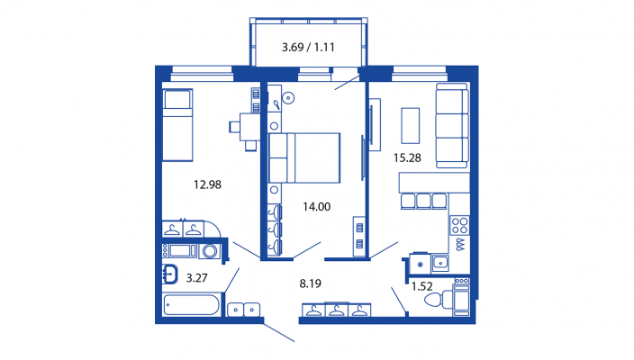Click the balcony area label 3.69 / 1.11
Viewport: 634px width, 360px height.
[x=308, y=48]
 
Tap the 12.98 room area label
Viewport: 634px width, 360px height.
[x=207, y=184]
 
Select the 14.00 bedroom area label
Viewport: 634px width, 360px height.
[x=317, y=207]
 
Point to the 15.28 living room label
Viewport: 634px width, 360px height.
[x=407, y=157]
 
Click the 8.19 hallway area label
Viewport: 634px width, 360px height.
[x=310, y=283]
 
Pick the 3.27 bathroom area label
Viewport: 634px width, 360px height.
[x=196, y=278]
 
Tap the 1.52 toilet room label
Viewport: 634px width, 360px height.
[x=421, y=286]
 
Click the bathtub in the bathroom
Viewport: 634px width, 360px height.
[x=192, y=304]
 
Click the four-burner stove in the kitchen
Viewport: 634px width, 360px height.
[x=459, y=226]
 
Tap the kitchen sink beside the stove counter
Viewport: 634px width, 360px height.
[x=439, y=263]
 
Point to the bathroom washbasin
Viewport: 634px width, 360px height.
[x=170, y=274]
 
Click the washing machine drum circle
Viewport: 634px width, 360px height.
[x=210, y=251]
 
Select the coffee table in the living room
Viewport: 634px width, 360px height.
[x=410, y=125]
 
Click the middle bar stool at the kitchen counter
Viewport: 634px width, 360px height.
[x=423, y=202]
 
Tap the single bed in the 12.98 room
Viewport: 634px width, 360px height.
[x=177, y=125]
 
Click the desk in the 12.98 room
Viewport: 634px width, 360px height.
[x=249, y=127]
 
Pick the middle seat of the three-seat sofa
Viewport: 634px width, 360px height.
[x=452, y=126]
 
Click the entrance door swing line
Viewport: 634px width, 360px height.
[x=279, y=332]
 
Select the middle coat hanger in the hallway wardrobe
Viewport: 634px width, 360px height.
[x=337, y=310]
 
